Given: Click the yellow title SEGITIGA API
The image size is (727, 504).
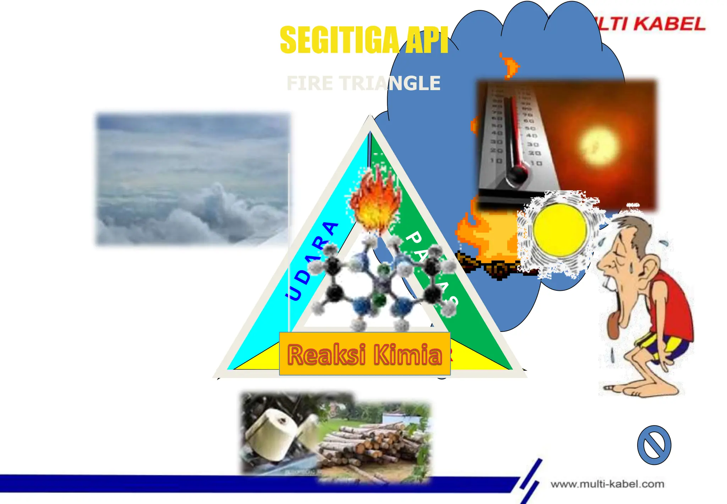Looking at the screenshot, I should click(x=363, y=40).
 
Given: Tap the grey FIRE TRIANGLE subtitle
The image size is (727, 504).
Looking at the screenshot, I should click(x=363, y=84).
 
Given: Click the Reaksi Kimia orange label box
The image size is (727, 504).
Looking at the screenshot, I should click(x=365, y=354).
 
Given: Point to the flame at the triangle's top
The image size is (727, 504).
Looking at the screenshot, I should click(x=375, y=202).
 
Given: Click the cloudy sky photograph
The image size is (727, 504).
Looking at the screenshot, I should click(x=193, y=179).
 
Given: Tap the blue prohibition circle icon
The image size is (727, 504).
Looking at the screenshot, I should click(x=654, y=445).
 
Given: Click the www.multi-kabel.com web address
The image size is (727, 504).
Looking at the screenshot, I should click(x=607, y=484).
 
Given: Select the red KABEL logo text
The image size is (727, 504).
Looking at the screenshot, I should click(x=669, y=24).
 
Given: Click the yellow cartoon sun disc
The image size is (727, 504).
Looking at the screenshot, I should click(x=559, y=230).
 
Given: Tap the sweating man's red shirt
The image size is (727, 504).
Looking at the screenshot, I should click(x=671, y=306).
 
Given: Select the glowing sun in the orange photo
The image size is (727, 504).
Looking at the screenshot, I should click(x=599, y=146).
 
